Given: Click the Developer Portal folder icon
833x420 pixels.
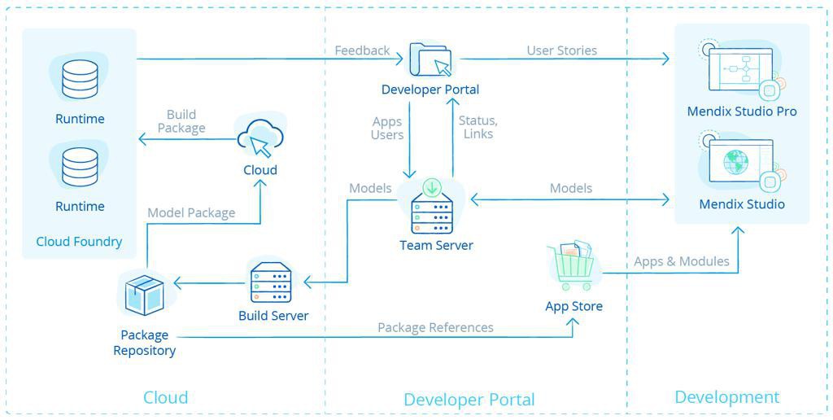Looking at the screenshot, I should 430,59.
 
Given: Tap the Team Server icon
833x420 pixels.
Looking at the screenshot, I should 431,213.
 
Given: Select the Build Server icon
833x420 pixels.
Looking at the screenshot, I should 271,282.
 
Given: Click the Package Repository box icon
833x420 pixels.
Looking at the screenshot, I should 145,294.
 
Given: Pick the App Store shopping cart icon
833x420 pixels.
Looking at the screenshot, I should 574,267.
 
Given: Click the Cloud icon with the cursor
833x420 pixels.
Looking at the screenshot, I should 260,138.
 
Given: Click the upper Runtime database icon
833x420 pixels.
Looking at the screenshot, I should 80,79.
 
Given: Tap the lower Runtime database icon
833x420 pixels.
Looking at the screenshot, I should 80,166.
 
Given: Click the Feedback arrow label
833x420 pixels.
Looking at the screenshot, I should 362,50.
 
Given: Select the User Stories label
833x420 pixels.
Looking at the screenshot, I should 561,50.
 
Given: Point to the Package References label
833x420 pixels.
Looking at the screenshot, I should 435,327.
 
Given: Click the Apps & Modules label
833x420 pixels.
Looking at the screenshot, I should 682,261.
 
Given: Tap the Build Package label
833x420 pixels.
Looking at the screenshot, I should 181,121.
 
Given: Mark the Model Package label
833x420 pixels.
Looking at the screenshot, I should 191,212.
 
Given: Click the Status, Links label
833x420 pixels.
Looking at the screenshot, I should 478,127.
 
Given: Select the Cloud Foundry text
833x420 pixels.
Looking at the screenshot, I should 79,241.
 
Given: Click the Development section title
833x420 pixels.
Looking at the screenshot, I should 726,397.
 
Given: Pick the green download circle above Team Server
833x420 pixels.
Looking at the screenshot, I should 431,187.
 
